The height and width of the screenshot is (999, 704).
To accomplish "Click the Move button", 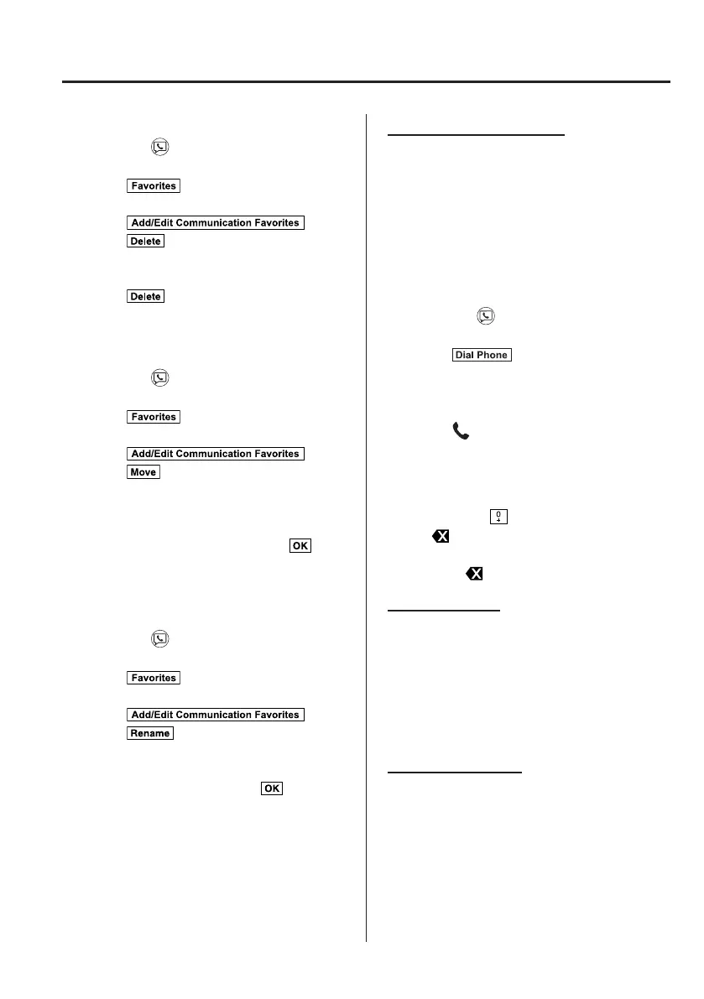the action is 143,472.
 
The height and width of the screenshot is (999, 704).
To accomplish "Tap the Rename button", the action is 150,733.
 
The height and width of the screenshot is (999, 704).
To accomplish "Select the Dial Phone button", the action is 481,355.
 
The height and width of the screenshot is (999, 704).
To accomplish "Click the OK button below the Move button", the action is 300,545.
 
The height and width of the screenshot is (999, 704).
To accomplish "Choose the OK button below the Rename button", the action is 273,788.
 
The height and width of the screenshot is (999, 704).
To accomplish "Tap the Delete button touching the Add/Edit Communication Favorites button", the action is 146,241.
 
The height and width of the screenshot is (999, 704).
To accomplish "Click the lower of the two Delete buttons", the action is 146,296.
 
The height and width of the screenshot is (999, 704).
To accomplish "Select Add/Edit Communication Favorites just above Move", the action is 215,454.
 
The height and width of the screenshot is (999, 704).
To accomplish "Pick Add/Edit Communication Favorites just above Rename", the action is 215,715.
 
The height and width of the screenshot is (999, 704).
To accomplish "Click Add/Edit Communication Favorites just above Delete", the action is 215,222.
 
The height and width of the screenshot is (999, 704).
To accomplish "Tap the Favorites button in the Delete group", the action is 154,185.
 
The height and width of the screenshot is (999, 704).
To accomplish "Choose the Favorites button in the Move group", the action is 154,417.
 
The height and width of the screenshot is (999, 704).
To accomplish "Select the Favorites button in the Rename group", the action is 154,678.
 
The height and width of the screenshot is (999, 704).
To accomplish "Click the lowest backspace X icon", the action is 475,574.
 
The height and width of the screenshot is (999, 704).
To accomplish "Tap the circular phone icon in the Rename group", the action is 159,640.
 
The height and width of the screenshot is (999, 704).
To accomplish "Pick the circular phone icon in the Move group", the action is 159,379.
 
